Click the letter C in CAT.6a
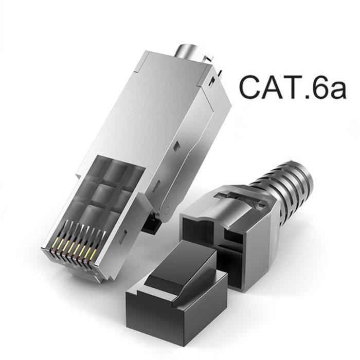point(253,87)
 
